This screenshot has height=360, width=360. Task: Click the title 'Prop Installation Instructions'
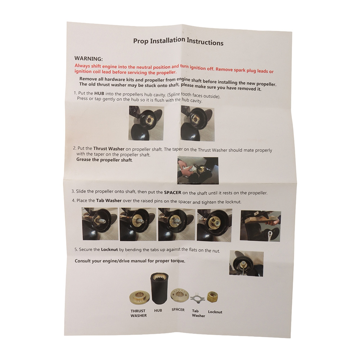pos(178,41)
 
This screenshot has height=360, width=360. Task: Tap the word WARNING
pos(89,59)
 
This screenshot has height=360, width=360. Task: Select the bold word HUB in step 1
pos(99,94)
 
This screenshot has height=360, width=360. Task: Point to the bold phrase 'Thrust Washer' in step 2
pos(109,149)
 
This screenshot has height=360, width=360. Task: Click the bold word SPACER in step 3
pos(173,192)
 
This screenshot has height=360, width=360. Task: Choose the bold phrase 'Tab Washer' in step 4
pos(109,201)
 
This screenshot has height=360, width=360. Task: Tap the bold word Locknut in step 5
pos(109,249)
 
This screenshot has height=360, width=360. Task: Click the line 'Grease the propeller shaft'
pos(104,160)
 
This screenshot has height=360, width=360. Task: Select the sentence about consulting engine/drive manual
pos(130,261)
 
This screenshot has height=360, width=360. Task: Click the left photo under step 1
pos(146,123)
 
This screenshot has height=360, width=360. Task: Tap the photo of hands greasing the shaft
pos(198,171)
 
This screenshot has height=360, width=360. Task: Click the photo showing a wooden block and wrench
pos(260,226)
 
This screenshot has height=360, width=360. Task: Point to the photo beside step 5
pos(246,264)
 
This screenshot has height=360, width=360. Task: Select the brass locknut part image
pos(212,296)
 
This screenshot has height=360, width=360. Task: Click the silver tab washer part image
pos(195,298)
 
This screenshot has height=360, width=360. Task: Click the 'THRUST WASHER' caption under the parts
pos(139,313)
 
